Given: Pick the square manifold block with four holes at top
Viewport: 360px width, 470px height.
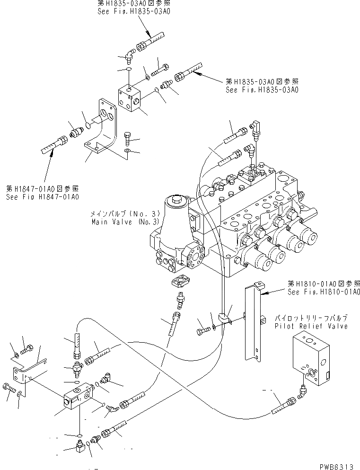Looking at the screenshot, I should [130, 98].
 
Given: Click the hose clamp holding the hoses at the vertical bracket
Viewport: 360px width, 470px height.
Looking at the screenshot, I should [225, 319].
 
